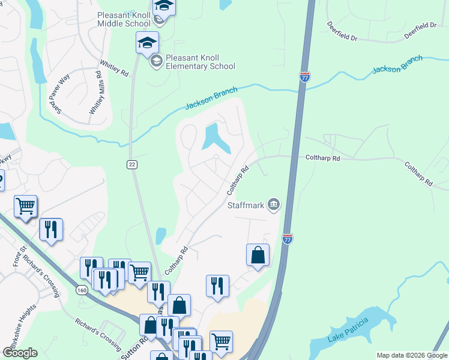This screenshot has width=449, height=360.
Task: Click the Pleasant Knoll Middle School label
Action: point(124,19)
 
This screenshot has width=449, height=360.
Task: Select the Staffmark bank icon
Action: point(274,205)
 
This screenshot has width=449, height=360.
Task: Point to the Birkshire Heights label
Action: point(17,325)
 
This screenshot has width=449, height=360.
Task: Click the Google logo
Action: point(20,353)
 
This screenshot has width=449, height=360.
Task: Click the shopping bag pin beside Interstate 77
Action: point(258,254)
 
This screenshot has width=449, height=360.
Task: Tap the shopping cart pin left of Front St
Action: point(25,206)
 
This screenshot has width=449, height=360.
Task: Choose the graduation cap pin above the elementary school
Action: point(147,43)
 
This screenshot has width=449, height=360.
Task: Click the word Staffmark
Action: point(246,205)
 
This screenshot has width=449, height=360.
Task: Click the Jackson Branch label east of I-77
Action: point(397,65)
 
